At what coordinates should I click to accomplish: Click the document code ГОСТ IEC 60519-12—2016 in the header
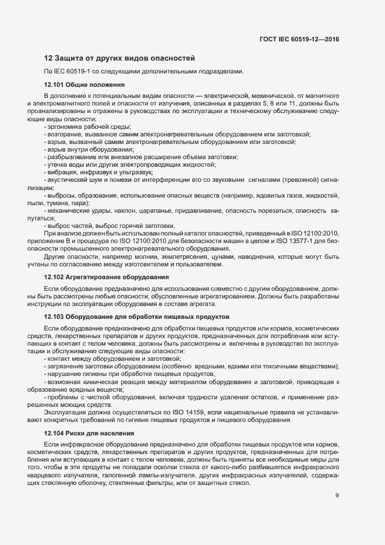tap(299, 39)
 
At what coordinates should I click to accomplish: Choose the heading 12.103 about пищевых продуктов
tap(136, 317)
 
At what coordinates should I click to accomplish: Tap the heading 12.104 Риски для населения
tap(89, 433)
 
